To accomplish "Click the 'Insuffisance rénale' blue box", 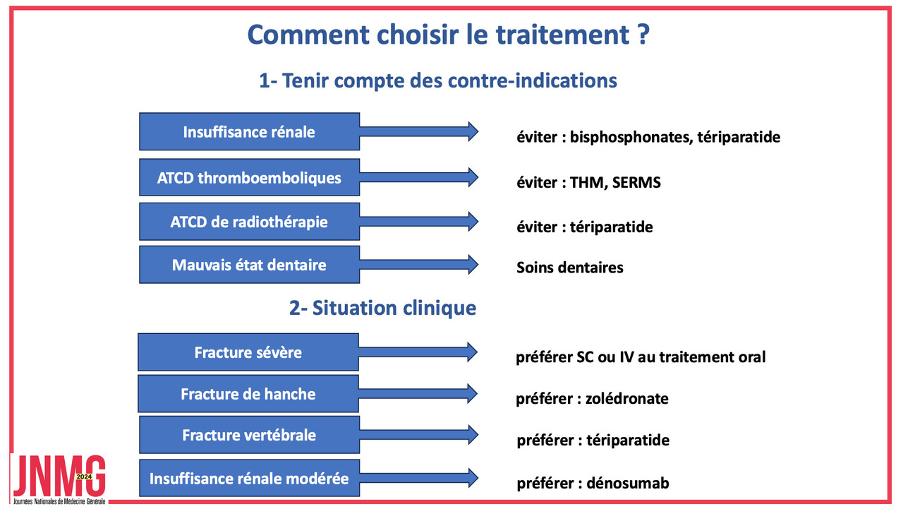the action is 249,131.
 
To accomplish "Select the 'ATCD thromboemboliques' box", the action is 249,177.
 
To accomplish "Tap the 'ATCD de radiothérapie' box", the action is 249,222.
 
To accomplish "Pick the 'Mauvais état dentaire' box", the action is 249,265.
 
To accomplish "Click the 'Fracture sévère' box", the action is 248,352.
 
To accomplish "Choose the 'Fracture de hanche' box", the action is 248,394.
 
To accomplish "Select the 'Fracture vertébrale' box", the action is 249,435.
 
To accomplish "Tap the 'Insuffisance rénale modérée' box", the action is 249,478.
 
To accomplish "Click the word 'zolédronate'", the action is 627,398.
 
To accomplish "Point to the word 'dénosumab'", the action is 628,483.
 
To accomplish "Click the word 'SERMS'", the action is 636,182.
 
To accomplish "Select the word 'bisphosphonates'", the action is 631,137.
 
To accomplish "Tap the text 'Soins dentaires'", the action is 569,268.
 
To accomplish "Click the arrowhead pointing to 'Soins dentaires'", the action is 473,265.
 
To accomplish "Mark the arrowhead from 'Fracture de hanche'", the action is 472,394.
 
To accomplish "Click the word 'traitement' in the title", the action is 562,35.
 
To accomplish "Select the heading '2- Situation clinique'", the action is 382,308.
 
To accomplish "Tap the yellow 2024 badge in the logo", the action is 84,477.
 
